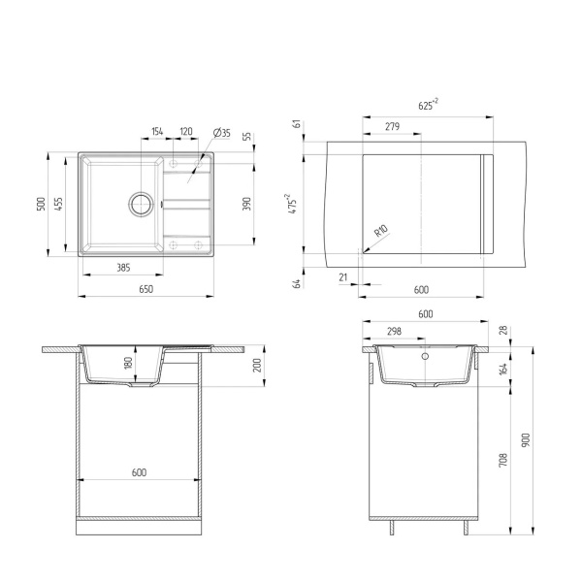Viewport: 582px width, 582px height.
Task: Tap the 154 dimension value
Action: pos(157,132)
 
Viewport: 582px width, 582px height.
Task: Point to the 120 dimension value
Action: pos(186,132)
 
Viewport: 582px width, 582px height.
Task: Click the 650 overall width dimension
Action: pos(145,288)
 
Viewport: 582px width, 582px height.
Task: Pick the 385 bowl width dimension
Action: pos(124,267)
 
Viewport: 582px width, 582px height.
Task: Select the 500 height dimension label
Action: pos(41,204)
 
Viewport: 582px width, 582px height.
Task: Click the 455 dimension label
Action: pos(59,204)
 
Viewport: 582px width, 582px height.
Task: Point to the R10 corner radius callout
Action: pos(380,231)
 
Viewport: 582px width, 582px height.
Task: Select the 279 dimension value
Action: pos(392,127)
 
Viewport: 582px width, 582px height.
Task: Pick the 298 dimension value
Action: pos(394,332)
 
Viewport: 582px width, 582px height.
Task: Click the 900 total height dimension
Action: pos(526,439)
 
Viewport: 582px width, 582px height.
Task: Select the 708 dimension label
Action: pos(502,460)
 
